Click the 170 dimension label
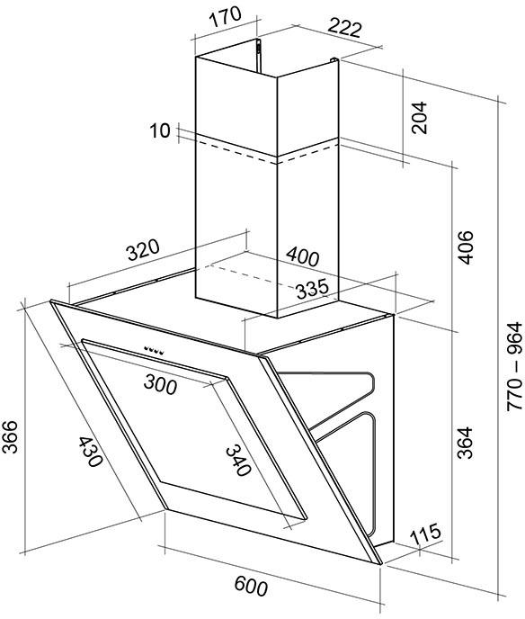click(224, 17)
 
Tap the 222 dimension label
click(344, 28)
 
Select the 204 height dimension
click(419, 118)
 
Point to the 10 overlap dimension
click(160, 130)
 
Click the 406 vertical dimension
click(465, 247)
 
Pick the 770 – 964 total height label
click(514, 367)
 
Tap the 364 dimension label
click(465, 443)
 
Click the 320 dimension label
click(143, 250)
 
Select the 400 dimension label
click(303, 256)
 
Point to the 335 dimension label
click(312, 289)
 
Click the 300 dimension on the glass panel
click(160, 384)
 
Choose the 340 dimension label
click(238, 461)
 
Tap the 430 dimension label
click(90, 452)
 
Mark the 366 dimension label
click(10, 436)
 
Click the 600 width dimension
click(251, 586)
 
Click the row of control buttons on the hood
click(154, 350)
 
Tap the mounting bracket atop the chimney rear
click(258, 56)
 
